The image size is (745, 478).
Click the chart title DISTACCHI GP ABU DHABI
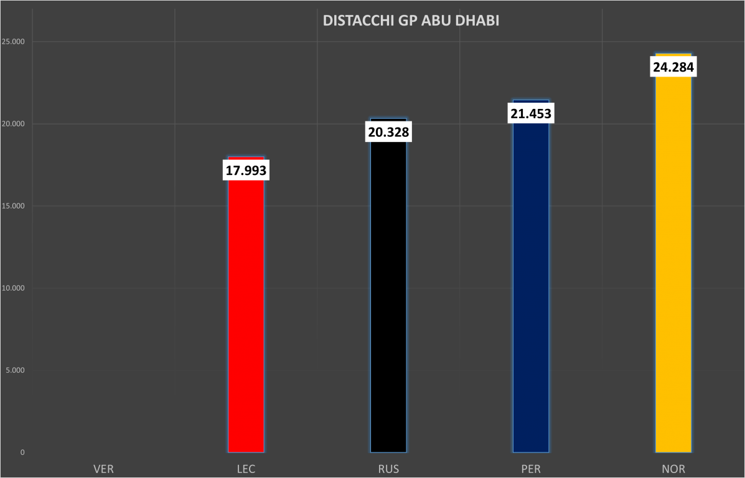point(411,21)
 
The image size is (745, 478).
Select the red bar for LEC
point(246,311)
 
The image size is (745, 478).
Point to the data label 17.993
point(246,171)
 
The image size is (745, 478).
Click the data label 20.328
point(388,133)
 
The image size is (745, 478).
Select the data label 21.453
point(531,114)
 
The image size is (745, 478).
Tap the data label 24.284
point(673,67)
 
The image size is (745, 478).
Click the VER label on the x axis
point(103,469)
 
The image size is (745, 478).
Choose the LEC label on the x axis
point(246,469)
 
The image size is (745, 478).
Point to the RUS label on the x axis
point(388,469)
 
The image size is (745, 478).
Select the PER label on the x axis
point(531,469)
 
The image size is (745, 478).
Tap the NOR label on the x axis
point(673,469)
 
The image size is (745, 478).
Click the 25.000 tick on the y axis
point(14,42)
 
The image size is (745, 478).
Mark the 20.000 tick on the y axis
point(14,124)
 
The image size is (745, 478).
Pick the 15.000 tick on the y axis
point(14,206)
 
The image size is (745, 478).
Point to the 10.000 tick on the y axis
point(14,288)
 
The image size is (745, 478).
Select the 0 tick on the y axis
point(22,452)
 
